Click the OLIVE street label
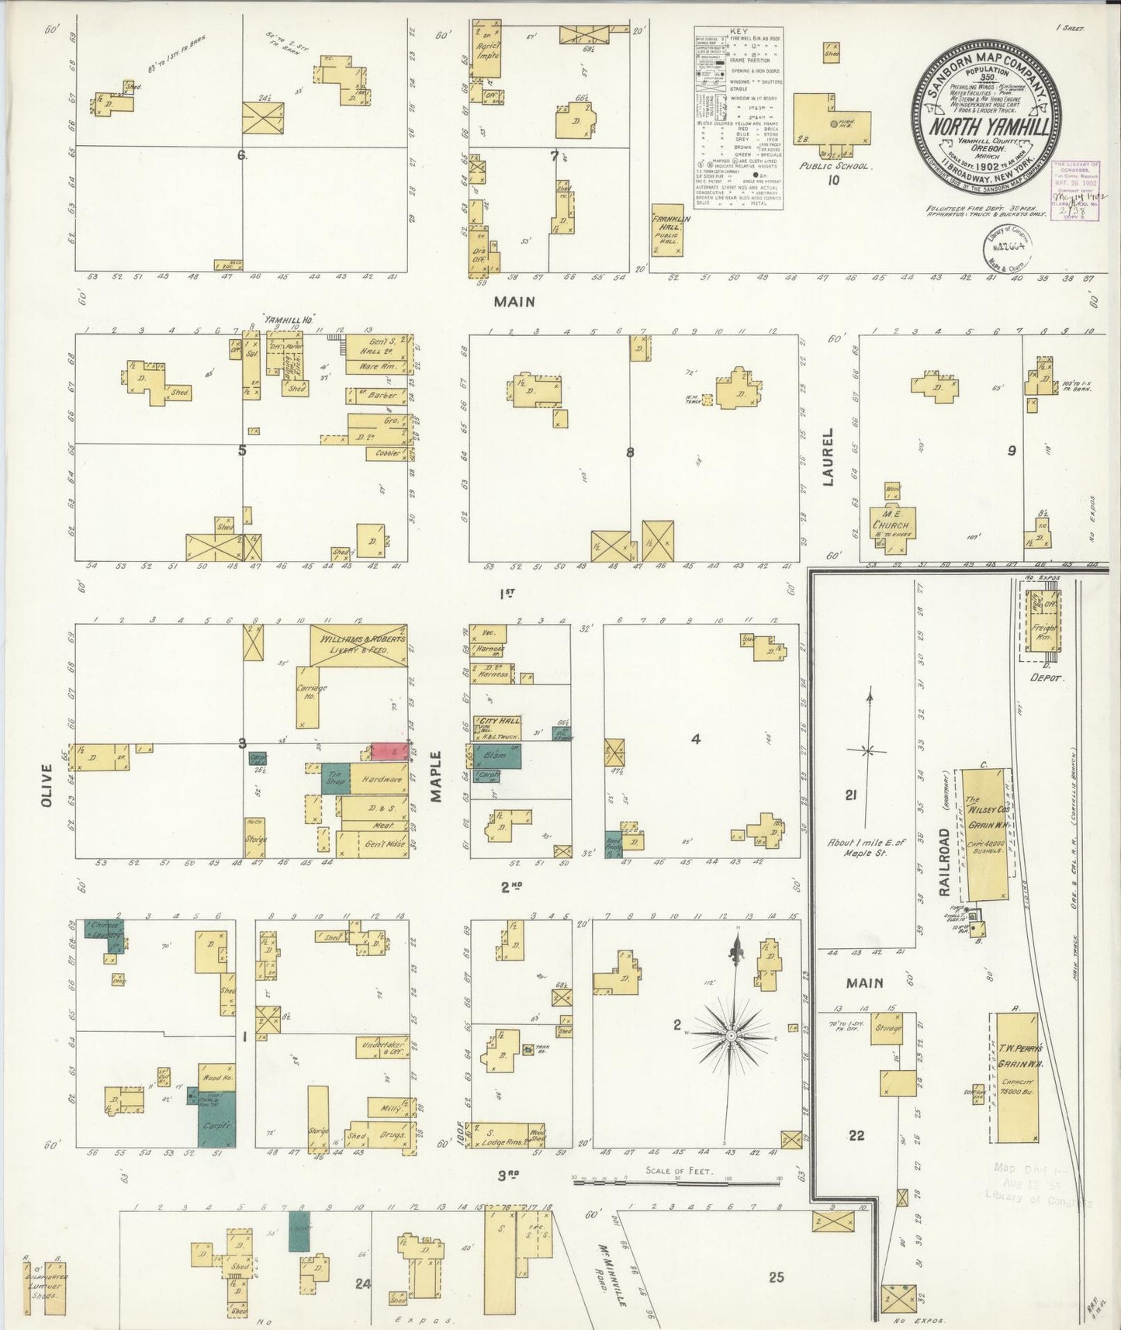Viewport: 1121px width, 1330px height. click(47, 785)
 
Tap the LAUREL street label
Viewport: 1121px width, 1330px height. click(828, 457)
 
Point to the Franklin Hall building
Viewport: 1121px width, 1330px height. click(666, 230)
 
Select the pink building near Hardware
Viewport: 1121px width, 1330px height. click(389, 752)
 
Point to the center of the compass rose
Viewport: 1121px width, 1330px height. click(731, 1036)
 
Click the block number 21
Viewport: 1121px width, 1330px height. click(850, 795)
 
